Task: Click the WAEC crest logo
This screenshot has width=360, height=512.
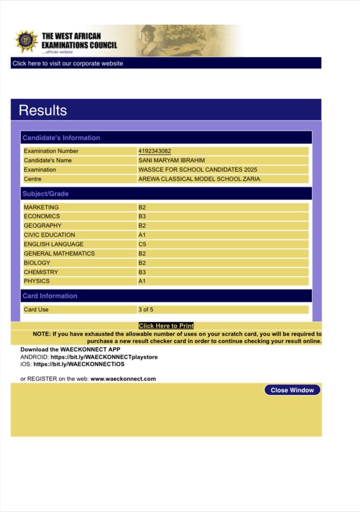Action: click(x=26, y=41)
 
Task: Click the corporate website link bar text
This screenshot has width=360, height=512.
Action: click(x=68, y=64)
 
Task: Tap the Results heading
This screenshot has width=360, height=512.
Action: click(x=43, y=110)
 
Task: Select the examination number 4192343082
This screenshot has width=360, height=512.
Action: click(x=154, y=151)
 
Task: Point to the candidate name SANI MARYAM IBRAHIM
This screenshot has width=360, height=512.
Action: click(x=171, y=160)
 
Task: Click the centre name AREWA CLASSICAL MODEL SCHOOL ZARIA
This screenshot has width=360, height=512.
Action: click(x=199, y=179)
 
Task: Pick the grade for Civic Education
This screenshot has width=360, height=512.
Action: click(x=142, y=235)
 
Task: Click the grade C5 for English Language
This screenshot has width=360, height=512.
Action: click(x=142, y=244)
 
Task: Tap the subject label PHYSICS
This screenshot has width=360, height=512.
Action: click(x=36, y=281)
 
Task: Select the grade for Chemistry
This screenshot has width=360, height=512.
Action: click(x=142, y=272)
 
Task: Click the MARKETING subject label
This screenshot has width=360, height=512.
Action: click(x=41, y=207)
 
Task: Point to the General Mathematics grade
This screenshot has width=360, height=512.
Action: click(x=142, y=254)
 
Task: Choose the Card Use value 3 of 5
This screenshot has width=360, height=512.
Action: click(x=145, y=310)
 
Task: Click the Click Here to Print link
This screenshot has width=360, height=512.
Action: click(x=166, y=326)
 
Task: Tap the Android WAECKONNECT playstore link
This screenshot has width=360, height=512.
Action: click(x=104, y=357)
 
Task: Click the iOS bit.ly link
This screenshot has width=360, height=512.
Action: click(x=79, y=364)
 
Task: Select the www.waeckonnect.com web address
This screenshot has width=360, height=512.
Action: click(x=123, y=379)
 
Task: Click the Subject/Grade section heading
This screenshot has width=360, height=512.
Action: click(x=45, y=194)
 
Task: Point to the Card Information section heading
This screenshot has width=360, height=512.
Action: click(x=50, y=296)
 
